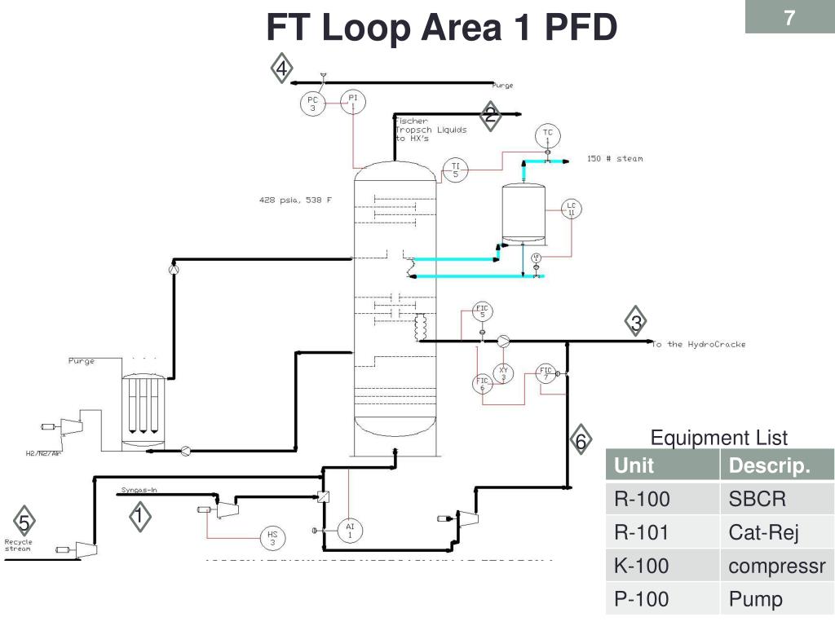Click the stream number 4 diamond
(281, 69)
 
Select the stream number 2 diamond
(490, 116)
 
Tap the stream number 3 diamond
(636, 323)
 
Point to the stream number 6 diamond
(580, 441)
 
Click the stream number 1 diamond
(139, 516)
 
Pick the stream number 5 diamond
(24, 522)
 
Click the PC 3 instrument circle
(312, 104)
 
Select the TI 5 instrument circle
(455, 170)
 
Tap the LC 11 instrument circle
(571, 209)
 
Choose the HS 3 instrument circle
(272, 538)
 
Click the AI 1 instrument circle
(350, 531)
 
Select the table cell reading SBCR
(757, 499)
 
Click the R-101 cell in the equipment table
(642, 532)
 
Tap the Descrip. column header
(769, 465)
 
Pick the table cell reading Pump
(755, 599)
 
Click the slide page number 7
(789, 19)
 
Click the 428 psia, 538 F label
(295, 200)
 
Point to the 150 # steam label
(614, 158)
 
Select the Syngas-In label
(139, 490)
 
